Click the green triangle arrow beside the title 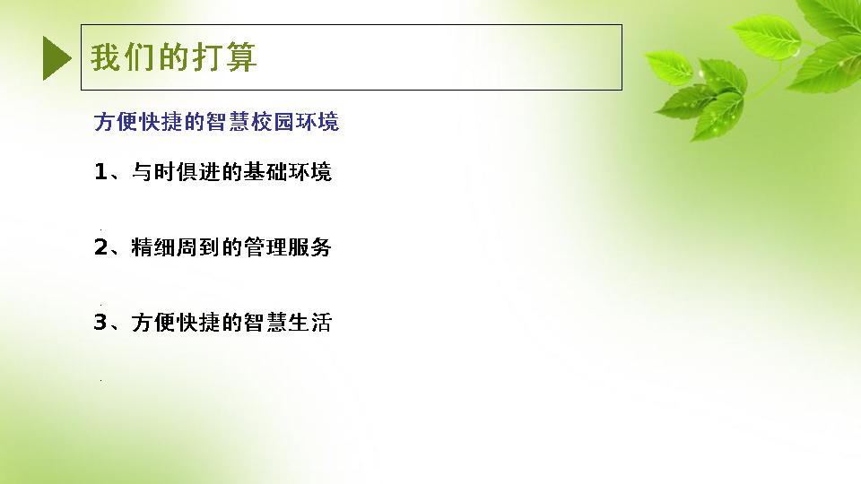click(x=57, y=57)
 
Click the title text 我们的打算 click(x=173, y=57)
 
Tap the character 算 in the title click(x=241, y=57)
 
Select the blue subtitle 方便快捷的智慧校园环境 click(x=216, y=122)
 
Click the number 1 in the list click(x=100, y=172)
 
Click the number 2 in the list click(x=101, y=247)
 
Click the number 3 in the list click(x=100, y=322)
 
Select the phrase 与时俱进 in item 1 click(x=175, y=172)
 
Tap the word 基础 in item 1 click(x=265, y=172)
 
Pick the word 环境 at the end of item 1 click(x=309, y=172)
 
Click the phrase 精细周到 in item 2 click(x=175, y=247)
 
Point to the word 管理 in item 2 click(x=265, y=247)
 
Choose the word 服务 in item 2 click(x=309, y=247)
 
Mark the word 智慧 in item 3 click(x=265, y=322)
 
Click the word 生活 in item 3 click(x=309, y=322)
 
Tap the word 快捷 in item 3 click(x=197, y=322)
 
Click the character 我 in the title click(x=106, y=57)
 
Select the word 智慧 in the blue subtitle click(x=228, y=122)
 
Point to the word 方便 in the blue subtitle click(x=116, y=122)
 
